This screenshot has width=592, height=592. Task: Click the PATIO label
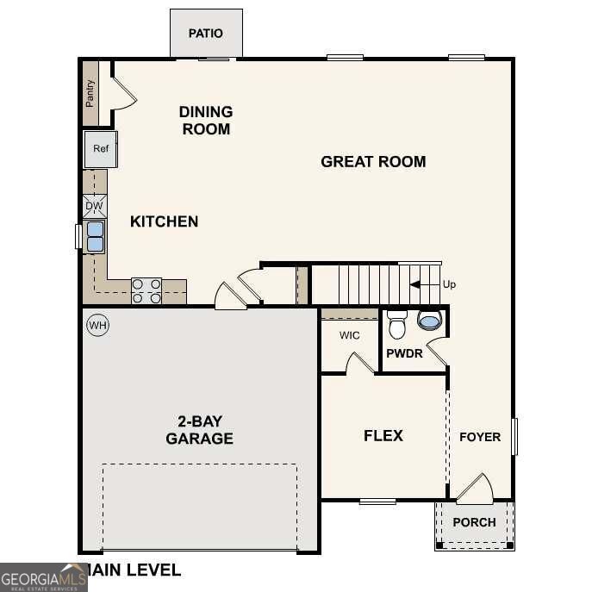pyautogui.click(x=206, y=34)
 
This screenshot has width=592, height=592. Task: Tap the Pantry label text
pyautogui.click(x=90, y=93)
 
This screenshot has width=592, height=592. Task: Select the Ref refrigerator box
pyautogui.click(x=101, y=149)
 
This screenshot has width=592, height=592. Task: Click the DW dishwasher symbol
pyautogui.click(x=95, y=207)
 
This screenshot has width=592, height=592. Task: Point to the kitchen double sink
pyautogui.click(x=95, y=236)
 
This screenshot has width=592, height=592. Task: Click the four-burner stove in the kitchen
pyautogui.click(x=146, y=291)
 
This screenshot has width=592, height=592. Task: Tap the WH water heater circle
pyautogui.click(x=97, y=325)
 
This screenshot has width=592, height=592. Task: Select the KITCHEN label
pyautogui.click(x=164, y=221)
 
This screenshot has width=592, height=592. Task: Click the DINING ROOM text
pyautogui.click(x=205, y=121)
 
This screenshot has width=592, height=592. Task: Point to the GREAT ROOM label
pyautogui.click(x=373, y=161)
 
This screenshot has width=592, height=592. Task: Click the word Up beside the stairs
pyautogui.click(x=449, y=284)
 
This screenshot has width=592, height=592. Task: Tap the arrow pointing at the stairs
pyautogui.click(x=424, y=284)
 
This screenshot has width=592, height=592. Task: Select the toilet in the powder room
pyautogui.click(x=397, y=325)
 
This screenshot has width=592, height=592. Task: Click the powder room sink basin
pyautogui.click(x=429, y=321)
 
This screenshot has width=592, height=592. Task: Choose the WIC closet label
pyautogui.click(x=349, y=335)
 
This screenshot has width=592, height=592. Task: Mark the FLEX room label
pyautogui.click(x=383, y=435)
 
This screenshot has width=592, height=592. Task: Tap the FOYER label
pyautogui.click(x=479, y=437)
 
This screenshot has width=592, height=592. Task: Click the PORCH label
pyautogui.click(x=474, y=522)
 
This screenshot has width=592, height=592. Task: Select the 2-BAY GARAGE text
pyautogui.click(x=199, y=430)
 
